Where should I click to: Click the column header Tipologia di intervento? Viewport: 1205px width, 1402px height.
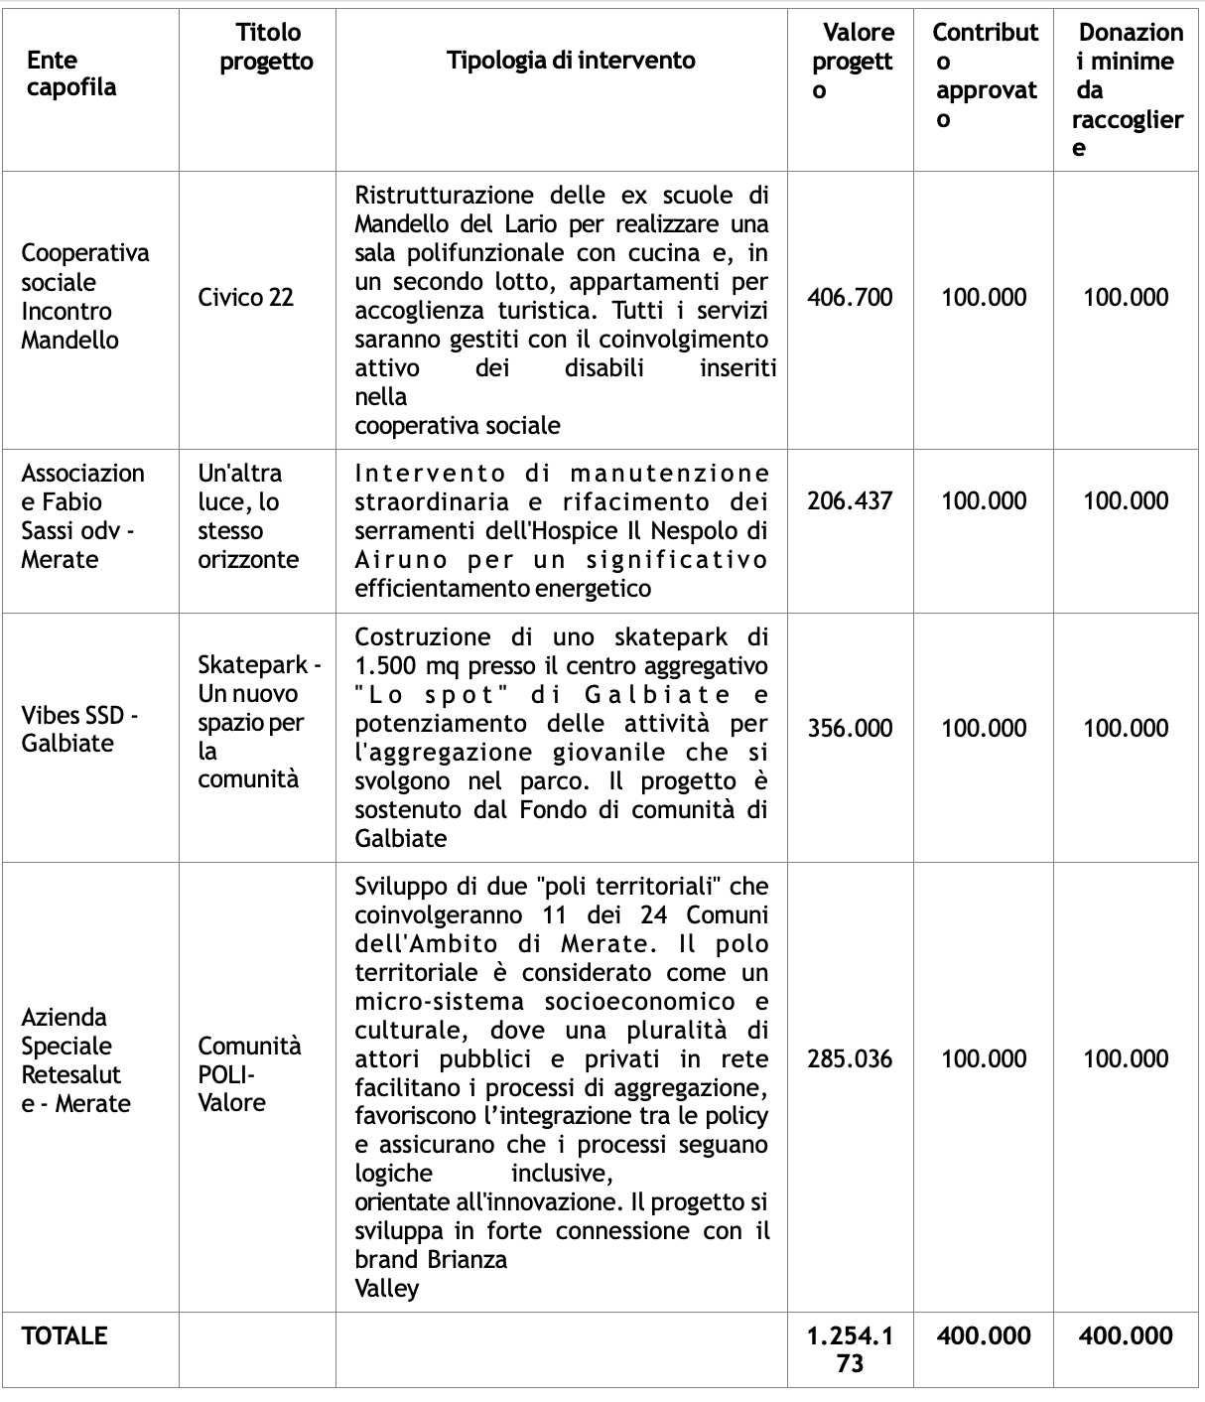pos(570,61)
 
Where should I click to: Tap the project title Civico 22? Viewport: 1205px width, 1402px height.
pos(246,297)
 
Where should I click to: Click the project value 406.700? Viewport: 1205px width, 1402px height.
pos(850,297)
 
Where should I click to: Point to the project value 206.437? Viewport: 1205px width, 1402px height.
pos(850,500)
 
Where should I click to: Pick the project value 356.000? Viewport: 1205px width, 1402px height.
pos(850,728)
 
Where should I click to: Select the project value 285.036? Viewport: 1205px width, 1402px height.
pos(850,1058)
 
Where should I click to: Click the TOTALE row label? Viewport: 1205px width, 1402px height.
pos(65,1335)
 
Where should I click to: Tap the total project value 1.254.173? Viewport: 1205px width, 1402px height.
pos(850,1349)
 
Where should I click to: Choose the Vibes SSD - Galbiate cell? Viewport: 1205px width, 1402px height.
pos(79,729)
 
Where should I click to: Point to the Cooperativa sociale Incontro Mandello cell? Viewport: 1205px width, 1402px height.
pos(85,296)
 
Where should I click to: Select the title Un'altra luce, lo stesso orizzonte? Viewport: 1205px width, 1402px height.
pos(248,515)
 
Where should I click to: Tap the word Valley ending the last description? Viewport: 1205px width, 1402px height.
pos(387,1288)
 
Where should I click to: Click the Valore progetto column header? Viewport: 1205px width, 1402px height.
pos(852,61)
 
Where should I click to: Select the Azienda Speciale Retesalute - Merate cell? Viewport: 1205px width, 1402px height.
pos(75,1059)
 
